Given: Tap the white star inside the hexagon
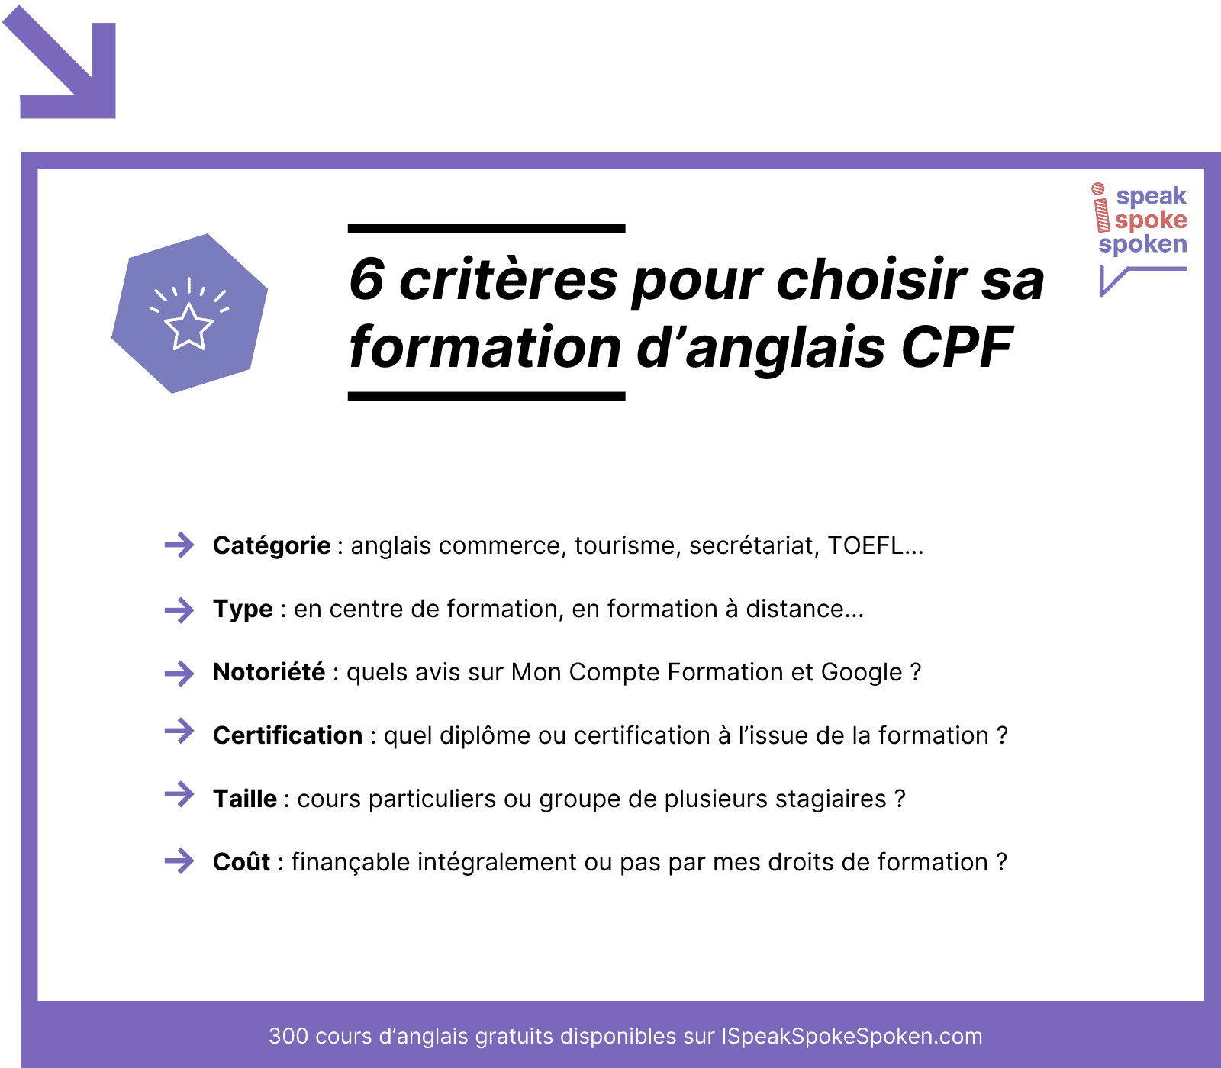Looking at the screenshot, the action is point(188,327).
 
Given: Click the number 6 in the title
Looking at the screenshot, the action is point(366,278).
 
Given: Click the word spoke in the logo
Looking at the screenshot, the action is point(1151,220).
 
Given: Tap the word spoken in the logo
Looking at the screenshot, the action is point(1142,244).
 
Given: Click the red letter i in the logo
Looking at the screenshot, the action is point(1100,207).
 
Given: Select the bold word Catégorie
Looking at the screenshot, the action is point(272,545).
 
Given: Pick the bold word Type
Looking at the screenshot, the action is point(243,610).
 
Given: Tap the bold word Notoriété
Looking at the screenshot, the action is point(269,672).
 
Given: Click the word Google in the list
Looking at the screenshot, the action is point(862,673).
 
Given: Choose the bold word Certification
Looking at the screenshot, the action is point(288,735).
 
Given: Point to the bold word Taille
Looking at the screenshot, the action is point(245,799).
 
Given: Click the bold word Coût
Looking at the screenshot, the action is point(241,861).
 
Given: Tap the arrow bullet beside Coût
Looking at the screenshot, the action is point(179,861).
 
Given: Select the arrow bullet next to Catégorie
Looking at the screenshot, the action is point(179,545).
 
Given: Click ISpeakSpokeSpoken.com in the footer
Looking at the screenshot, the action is point(852,1036).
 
